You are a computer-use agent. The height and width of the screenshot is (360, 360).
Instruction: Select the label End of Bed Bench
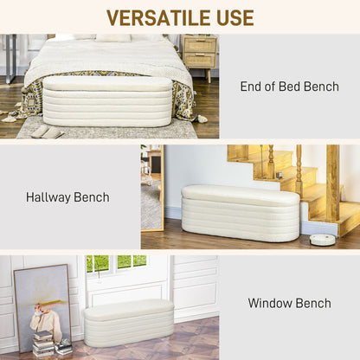click(289, 87)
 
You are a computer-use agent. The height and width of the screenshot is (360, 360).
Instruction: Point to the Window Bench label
click(289, 303)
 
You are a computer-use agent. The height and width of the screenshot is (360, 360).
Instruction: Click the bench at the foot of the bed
click(108, 102)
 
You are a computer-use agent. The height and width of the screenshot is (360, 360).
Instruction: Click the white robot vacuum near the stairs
click(322, 239)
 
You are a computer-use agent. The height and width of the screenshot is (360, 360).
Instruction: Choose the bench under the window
click(128, 322)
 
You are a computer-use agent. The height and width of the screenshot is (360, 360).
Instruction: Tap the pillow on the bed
click(113, 38)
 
